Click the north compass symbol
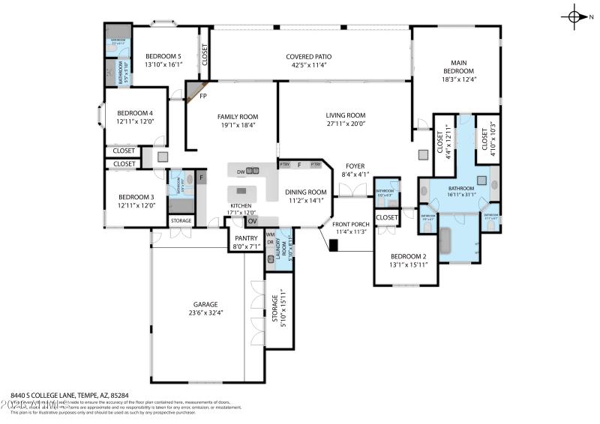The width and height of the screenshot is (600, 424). [x=575, y=16]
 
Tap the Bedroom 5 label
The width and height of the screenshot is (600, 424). [x=163, y=56]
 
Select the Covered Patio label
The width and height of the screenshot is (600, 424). [x=308, y=56]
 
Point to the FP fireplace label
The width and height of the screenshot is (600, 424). [x=202, y=96]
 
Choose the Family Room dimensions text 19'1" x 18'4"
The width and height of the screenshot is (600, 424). [x=237, y=125]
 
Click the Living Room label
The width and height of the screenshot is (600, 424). [x=344, y=115]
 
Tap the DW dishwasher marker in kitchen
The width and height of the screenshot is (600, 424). [x=241, y=172]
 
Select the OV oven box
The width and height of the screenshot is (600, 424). [x=252, y=221]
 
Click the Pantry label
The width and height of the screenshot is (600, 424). [x=246, y=237]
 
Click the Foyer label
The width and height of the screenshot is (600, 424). [x=355, y=166]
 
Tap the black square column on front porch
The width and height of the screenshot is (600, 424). [x=334, y=244]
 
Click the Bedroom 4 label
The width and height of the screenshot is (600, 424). [x=135, y=113]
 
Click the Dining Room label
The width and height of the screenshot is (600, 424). [x=307, y=192]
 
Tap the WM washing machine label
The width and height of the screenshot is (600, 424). [x=270, y=234]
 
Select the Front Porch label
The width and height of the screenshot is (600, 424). [x=350, y=224]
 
